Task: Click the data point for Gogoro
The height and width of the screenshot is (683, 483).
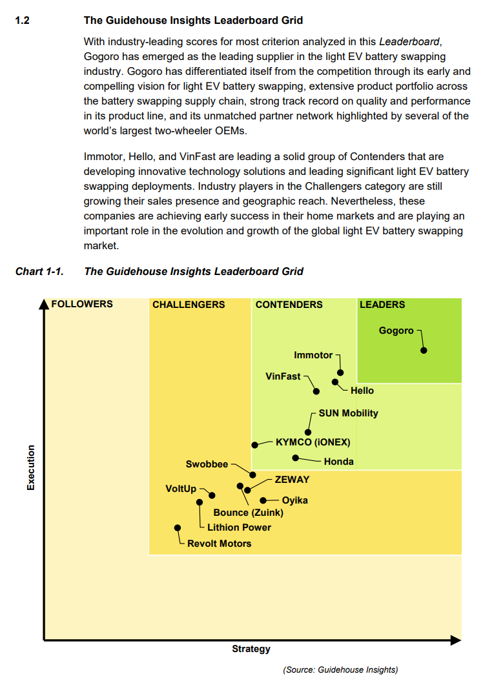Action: click(424, 351)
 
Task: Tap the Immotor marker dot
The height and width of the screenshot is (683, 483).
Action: click(340, 372)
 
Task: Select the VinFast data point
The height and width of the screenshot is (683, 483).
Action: click(316, 391)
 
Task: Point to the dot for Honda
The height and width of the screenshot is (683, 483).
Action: click(295, 458)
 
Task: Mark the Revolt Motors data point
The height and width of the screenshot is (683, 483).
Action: click(178, 527)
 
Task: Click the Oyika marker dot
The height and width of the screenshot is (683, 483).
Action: click(263, 500)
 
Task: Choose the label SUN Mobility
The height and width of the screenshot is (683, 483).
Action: click(348, 413)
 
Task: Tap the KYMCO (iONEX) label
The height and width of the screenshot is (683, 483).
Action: click(313, 443)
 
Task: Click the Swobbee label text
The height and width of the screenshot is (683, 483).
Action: click(207, 464)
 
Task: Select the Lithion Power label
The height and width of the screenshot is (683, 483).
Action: click(239, 527)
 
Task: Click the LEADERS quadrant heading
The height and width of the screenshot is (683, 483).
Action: click(382, 305)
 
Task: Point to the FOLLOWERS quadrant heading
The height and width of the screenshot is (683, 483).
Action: click(81, 304)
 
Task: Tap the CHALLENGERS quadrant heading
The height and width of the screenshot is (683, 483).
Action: click(189, 305)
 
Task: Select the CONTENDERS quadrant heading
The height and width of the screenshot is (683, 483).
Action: click(289, 305)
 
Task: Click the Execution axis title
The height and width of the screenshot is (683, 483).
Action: click(30, 468)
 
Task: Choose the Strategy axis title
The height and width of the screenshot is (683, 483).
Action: click(251, 649)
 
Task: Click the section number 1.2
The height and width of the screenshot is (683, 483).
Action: click(22, 21)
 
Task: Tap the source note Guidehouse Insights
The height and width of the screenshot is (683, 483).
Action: click(340, 669)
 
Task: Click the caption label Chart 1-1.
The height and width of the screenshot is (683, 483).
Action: click(39, 271)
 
